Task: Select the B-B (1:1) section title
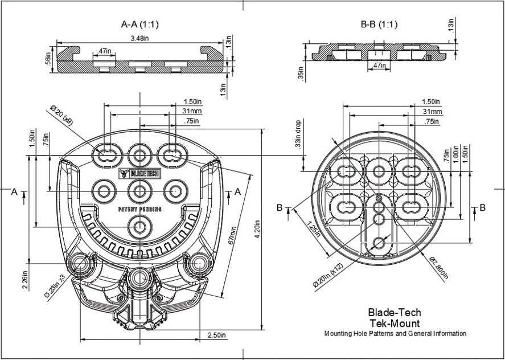pyautogui.click(x=379, y=24)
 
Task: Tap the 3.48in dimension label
pyautogui.click(x=139, y=39)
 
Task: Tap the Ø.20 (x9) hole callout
pyautogui.click(x=61, y=116)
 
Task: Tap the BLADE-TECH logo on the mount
pyautogui.click(x=139, y=173)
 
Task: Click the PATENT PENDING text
pyautogui.click(x=139, y=209)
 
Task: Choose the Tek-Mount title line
pyautogui.click(x=394, y=323)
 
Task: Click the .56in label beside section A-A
pyautogui.click(x=48, y=59)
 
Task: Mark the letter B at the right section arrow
pyautogui.click(x=482, y=208)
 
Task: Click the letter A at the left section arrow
pyautogui.click(x=14, y=192)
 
